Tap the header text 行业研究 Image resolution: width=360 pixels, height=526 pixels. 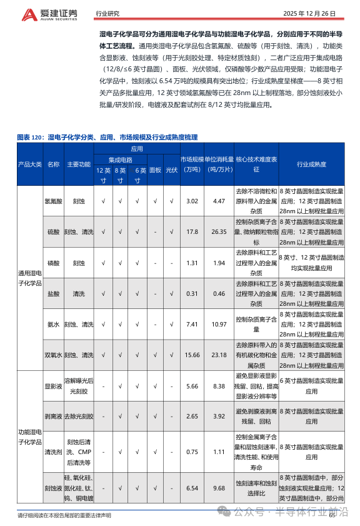coord(107,13)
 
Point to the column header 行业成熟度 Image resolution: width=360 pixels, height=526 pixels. coord(311,164)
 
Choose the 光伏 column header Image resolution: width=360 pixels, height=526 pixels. coord(171,169)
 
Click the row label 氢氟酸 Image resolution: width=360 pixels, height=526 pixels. coord(53,201)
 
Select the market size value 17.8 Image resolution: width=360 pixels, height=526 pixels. coord(192,232)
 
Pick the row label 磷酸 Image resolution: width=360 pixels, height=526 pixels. coord(53,263)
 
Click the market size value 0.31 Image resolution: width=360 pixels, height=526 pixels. coord(192,293)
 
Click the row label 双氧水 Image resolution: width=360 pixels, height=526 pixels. coord(53,355)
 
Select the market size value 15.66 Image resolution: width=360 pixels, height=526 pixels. coord(192,355)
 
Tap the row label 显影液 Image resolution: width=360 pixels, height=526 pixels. coord(53,386)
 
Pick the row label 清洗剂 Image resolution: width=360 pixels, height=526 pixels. coord(53,452)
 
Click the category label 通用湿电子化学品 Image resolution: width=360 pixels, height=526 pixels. coord(29,278)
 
